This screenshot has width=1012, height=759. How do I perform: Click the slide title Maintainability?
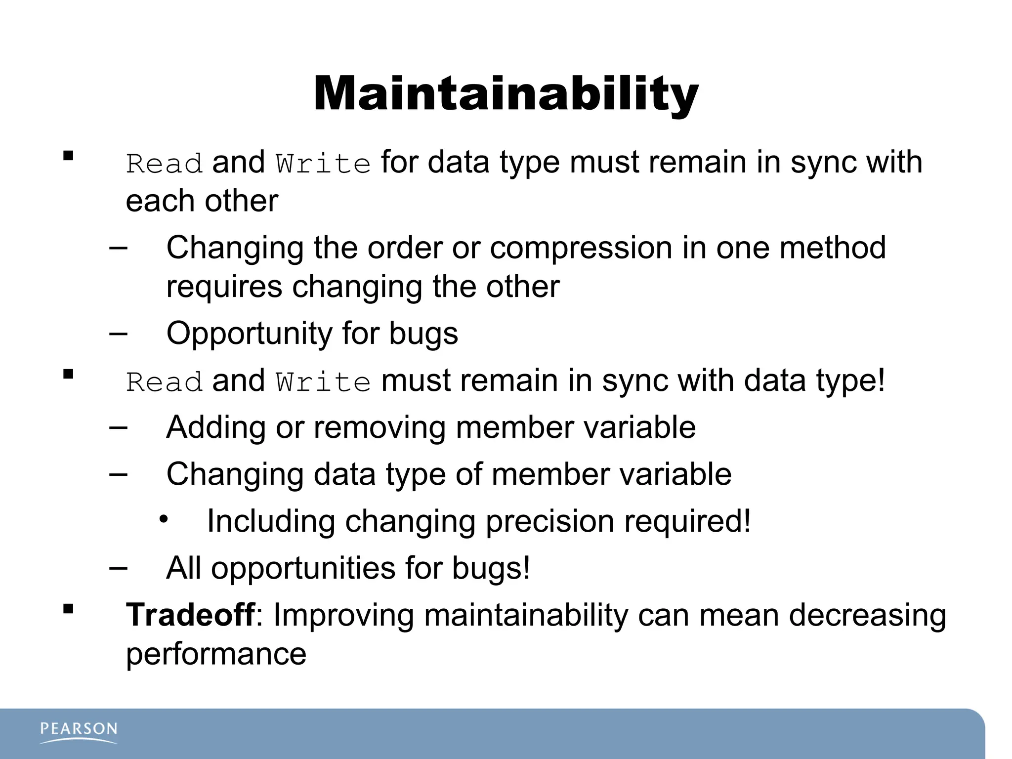[506, 94]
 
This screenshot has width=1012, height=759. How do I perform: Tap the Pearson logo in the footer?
[79, 731]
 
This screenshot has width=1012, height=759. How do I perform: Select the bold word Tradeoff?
[190, 615]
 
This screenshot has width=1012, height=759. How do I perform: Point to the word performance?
[216, 654]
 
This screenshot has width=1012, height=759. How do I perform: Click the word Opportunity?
[249, 334]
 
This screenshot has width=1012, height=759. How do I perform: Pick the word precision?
[549, 522]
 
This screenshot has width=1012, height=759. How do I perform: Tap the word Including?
[271, 522]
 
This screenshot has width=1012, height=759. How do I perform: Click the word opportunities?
[303, 568]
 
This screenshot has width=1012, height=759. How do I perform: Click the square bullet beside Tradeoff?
[68, 609]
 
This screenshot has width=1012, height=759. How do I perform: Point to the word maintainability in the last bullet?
[526, 616]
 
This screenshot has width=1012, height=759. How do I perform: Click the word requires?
[224, 287]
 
